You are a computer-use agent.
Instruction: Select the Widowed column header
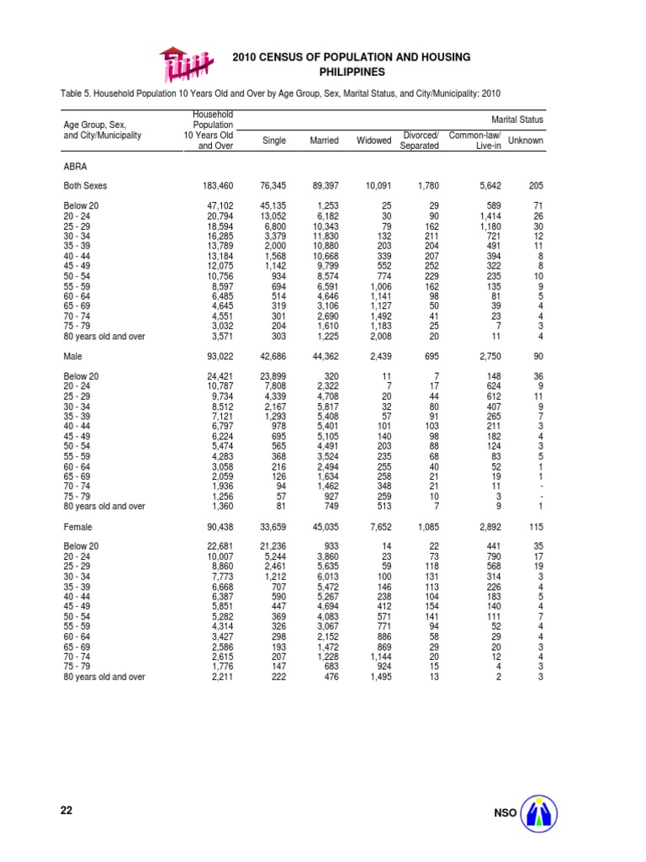click(x=374, y=141)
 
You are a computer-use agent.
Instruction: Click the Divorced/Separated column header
click(x=420, y=141)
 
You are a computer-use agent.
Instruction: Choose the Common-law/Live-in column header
click(x=475, y=141)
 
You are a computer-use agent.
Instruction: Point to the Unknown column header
click(x=527, y=141)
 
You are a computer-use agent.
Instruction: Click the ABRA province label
click(x=76, y=167)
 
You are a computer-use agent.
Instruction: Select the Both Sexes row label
click(x=87, y=185)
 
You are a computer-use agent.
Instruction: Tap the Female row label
click(x=78, y=527)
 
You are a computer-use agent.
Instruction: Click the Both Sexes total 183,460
click(x=214, y=185)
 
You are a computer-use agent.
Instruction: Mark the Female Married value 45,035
click(x=322, y=527)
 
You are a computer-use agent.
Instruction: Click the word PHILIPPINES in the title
click(x=351, y=72)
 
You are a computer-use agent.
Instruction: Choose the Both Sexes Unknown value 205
click(x=535, y=185)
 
